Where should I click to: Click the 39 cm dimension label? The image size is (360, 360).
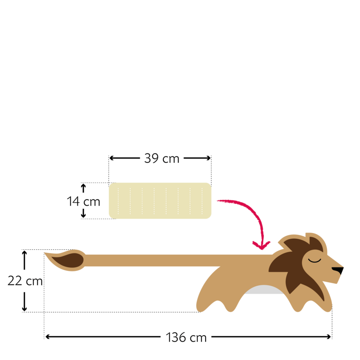[x=162, y=158]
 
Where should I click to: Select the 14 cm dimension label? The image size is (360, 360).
[x=83, y=202]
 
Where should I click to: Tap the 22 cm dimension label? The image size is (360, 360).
[x=25, y=281]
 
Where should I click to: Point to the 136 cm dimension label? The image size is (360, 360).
[x=186, y=337]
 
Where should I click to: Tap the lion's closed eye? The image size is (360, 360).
[x=315, y=261]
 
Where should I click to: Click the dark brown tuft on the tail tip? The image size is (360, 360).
[x=68, y=261]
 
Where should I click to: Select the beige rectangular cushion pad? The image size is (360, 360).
[x=160, y=201]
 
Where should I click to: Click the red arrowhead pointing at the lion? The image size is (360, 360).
[x=261, y=245]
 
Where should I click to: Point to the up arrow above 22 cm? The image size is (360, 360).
[x=24, y=260]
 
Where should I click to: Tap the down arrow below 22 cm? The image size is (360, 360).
[x=24, y=301]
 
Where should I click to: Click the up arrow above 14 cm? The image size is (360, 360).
[x=83, y=188]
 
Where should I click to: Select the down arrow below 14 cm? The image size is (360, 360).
[x=83, y=213]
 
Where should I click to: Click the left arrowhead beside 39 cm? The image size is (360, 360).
[x=112, y=158]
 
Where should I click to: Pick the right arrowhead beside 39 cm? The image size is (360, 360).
[x=208, y=158]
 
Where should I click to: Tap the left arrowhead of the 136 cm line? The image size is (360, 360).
[x=48, y=337]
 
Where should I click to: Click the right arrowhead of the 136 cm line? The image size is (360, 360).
[x=328, y=337]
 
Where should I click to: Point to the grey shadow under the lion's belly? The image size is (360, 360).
[x=264, y=290]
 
